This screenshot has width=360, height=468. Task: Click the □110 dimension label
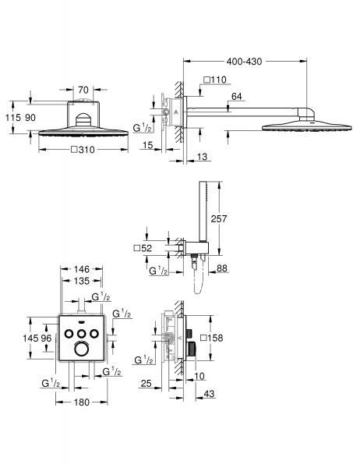point(214,80)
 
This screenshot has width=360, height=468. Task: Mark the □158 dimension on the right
point(211,338)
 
